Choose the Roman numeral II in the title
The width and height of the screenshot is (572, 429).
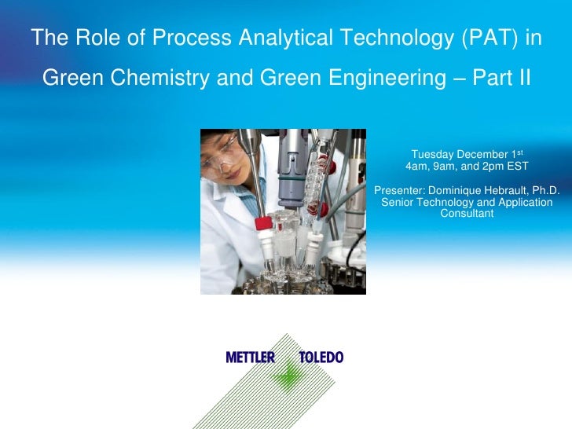[522, 79]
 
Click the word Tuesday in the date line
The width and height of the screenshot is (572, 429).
[431, 154]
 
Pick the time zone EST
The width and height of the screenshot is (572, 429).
[515, 167]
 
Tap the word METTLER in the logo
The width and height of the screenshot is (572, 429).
[250, 357]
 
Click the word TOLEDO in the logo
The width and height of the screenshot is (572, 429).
[321, 357]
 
